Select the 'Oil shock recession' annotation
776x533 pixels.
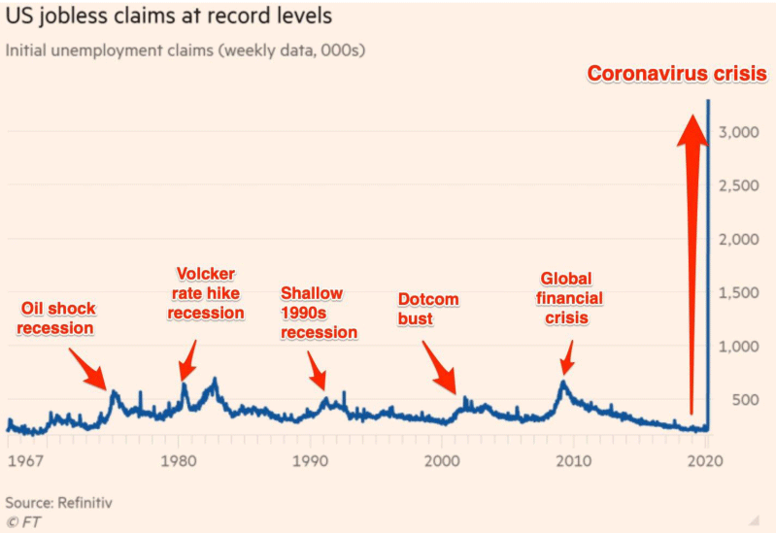click(x=58, y=318)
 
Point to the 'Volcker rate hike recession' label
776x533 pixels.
click(x=205, y=293)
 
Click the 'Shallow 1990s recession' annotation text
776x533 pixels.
click(x=319, y=313)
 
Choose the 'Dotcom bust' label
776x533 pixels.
click(x=428, y=310)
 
